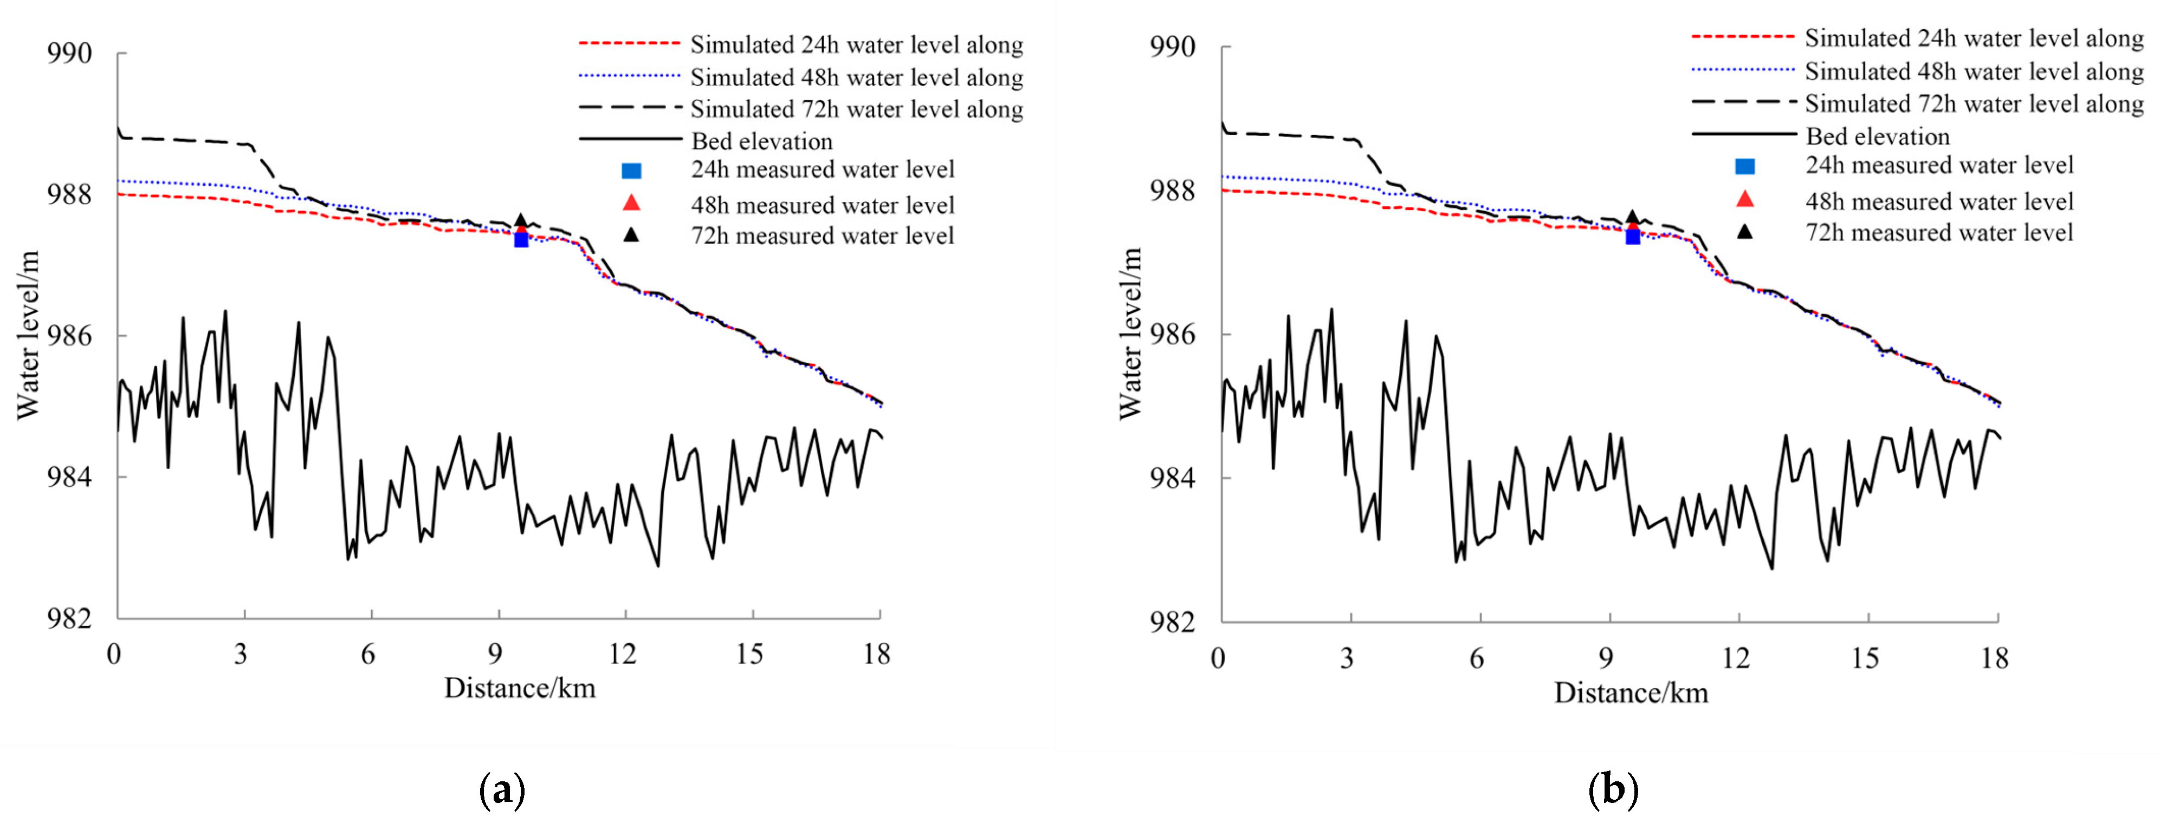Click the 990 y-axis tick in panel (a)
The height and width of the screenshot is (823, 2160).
coord(69,54)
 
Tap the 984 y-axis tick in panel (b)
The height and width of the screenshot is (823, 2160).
coord(1172,479)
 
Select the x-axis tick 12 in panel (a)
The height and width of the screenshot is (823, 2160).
coord(623,655)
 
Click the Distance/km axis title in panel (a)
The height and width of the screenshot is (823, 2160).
coord(520,689)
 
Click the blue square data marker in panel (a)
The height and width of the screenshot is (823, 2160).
coord(521,240)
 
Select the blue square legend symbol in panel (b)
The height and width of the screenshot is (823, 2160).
coord(1744,166)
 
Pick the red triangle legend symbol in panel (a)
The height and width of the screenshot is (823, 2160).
coord(631,204)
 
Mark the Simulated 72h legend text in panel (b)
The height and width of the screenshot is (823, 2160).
coord(1974,104)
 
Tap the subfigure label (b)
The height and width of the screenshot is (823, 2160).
coord(1613,789)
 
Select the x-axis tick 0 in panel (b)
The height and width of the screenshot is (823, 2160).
coord(1218,659)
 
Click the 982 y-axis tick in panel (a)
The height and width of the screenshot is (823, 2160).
coord(69,618)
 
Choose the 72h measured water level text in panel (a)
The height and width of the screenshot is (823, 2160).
coord(822,236)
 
